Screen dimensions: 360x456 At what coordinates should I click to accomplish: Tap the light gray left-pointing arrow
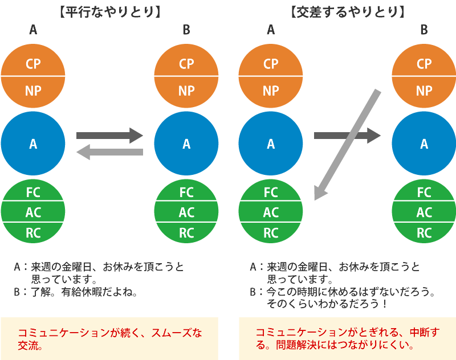pos(109,152)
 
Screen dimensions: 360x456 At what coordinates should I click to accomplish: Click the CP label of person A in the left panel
pos(34,64)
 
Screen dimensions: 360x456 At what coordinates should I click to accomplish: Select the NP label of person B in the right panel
pos(424,91)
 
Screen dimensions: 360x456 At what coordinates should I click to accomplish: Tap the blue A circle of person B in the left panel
pos(186,144)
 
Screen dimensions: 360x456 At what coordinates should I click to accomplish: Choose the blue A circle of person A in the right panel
pos(271,144)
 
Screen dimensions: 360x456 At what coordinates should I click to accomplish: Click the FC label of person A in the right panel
pos(271,192)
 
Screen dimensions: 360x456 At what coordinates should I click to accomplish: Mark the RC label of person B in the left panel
pos(186,232)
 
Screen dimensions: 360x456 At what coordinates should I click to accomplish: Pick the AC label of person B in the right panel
pos(424,212)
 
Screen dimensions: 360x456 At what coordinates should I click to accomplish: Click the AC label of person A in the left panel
pos(34,212)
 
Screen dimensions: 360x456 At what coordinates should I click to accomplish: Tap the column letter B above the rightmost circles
pos(424,30)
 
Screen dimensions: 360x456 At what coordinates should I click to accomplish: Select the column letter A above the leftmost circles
pos(34,30)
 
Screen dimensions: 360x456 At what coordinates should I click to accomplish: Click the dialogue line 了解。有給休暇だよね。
pos(83,293)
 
